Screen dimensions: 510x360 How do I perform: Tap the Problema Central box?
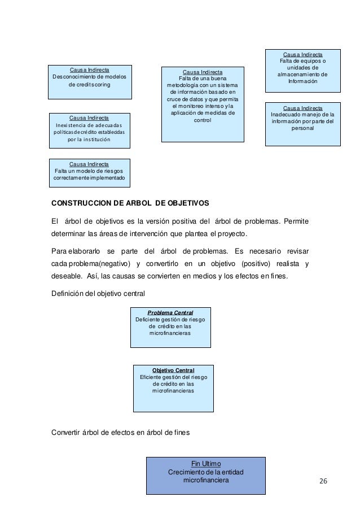point(170,327)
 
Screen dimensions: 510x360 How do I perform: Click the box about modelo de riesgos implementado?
point(90,173)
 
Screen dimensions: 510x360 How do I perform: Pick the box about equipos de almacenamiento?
point(302,71)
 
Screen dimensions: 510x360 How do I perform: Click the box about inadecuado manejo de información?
point(303,124)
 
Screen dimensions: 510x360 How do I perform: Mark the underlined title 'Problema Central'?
point(170,312)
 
